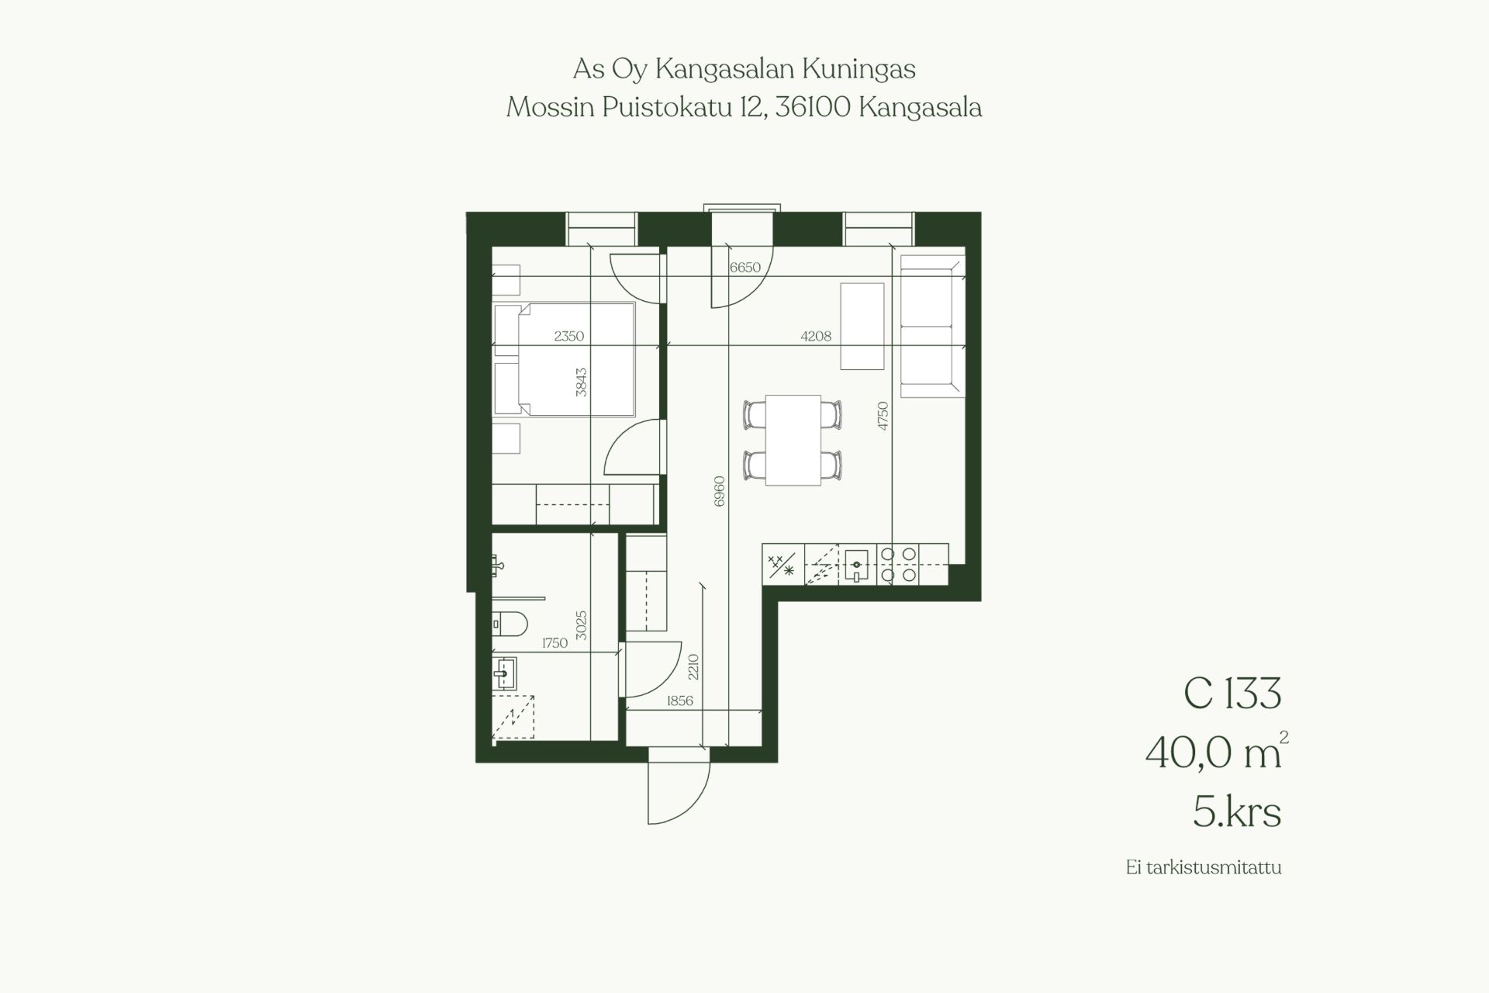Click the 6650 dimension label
tap(745, 268)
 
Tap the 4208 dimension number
tap(816, 336)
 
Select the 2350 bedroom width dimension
tap(569, 336)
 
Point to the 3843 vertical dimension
tap(582, 382)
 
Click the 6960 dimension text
tap(719, 492)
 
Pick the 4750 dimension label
tap(883, 416)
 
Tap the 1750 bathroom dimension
tap(554, 642)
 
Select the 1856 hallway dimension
tap(680, 701)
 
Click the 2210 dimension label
tap(693, 667)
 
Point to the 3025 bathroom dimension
tap(582, 625)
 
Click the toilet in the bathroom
tap(510, 622)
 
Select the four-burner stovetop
tap(898, 565)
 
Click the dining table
tap(793, 440)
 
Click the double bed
tap(565, 361)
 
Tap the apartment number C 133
tap(1232, 694)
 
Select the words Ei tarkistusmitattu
tap(1204, 867)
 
